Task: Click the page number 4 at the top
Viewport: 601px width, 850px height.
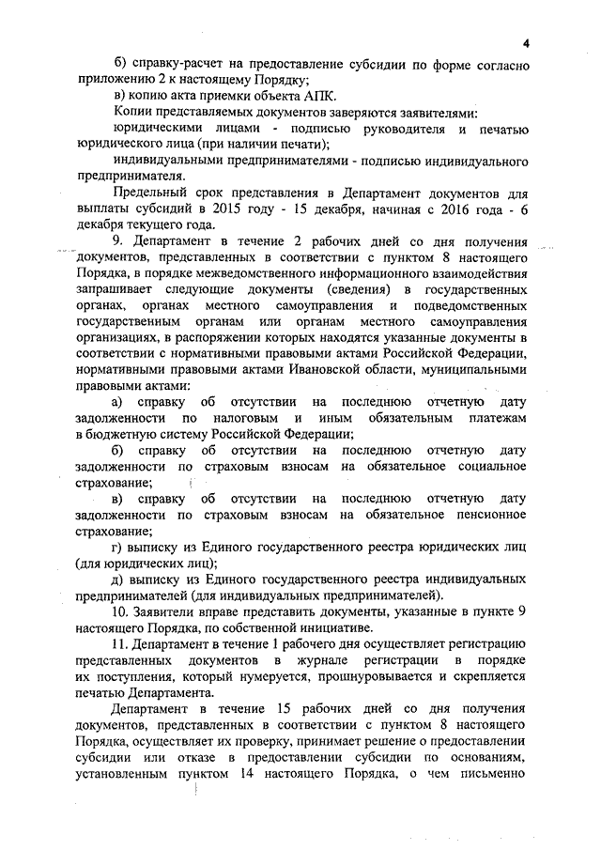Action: pyautogui.click(x=527, y=43)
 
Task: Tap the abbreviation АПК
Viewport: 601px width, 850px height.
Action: pyautogui.click(x=316, y=99)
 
